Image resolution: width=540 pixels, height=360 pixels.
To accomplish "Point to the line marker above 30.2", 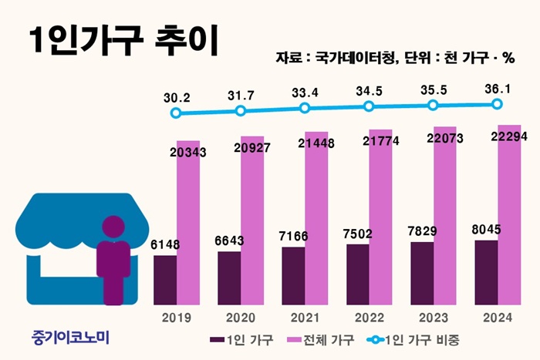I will (177, 113).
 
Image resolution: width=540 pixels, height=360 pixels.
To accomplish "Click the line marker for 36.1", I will (498, 104).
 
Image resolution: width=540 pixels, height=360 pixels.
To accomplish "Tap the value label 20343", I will (189, 153).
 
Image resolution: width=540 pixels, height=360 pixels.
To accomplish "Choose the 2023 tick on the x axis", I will (433, 317).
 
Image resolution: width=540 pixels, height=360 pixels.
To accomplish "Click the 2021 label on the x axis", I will (305, 317).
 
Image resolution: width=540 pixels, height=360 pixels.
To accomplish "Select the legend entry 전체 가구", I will (316, 339).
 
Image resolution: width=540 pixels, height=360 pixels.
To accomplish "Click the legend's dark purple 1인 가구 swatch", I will (216, 339).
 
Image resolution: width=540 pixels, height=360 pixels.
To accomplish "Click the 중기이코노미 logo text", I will (73, 338).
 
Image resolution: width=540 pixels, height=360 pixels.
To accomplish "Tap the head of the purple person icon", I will (113, 227).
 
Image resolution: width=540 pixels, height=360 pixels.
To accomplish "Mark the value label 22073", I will (445, 138).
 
